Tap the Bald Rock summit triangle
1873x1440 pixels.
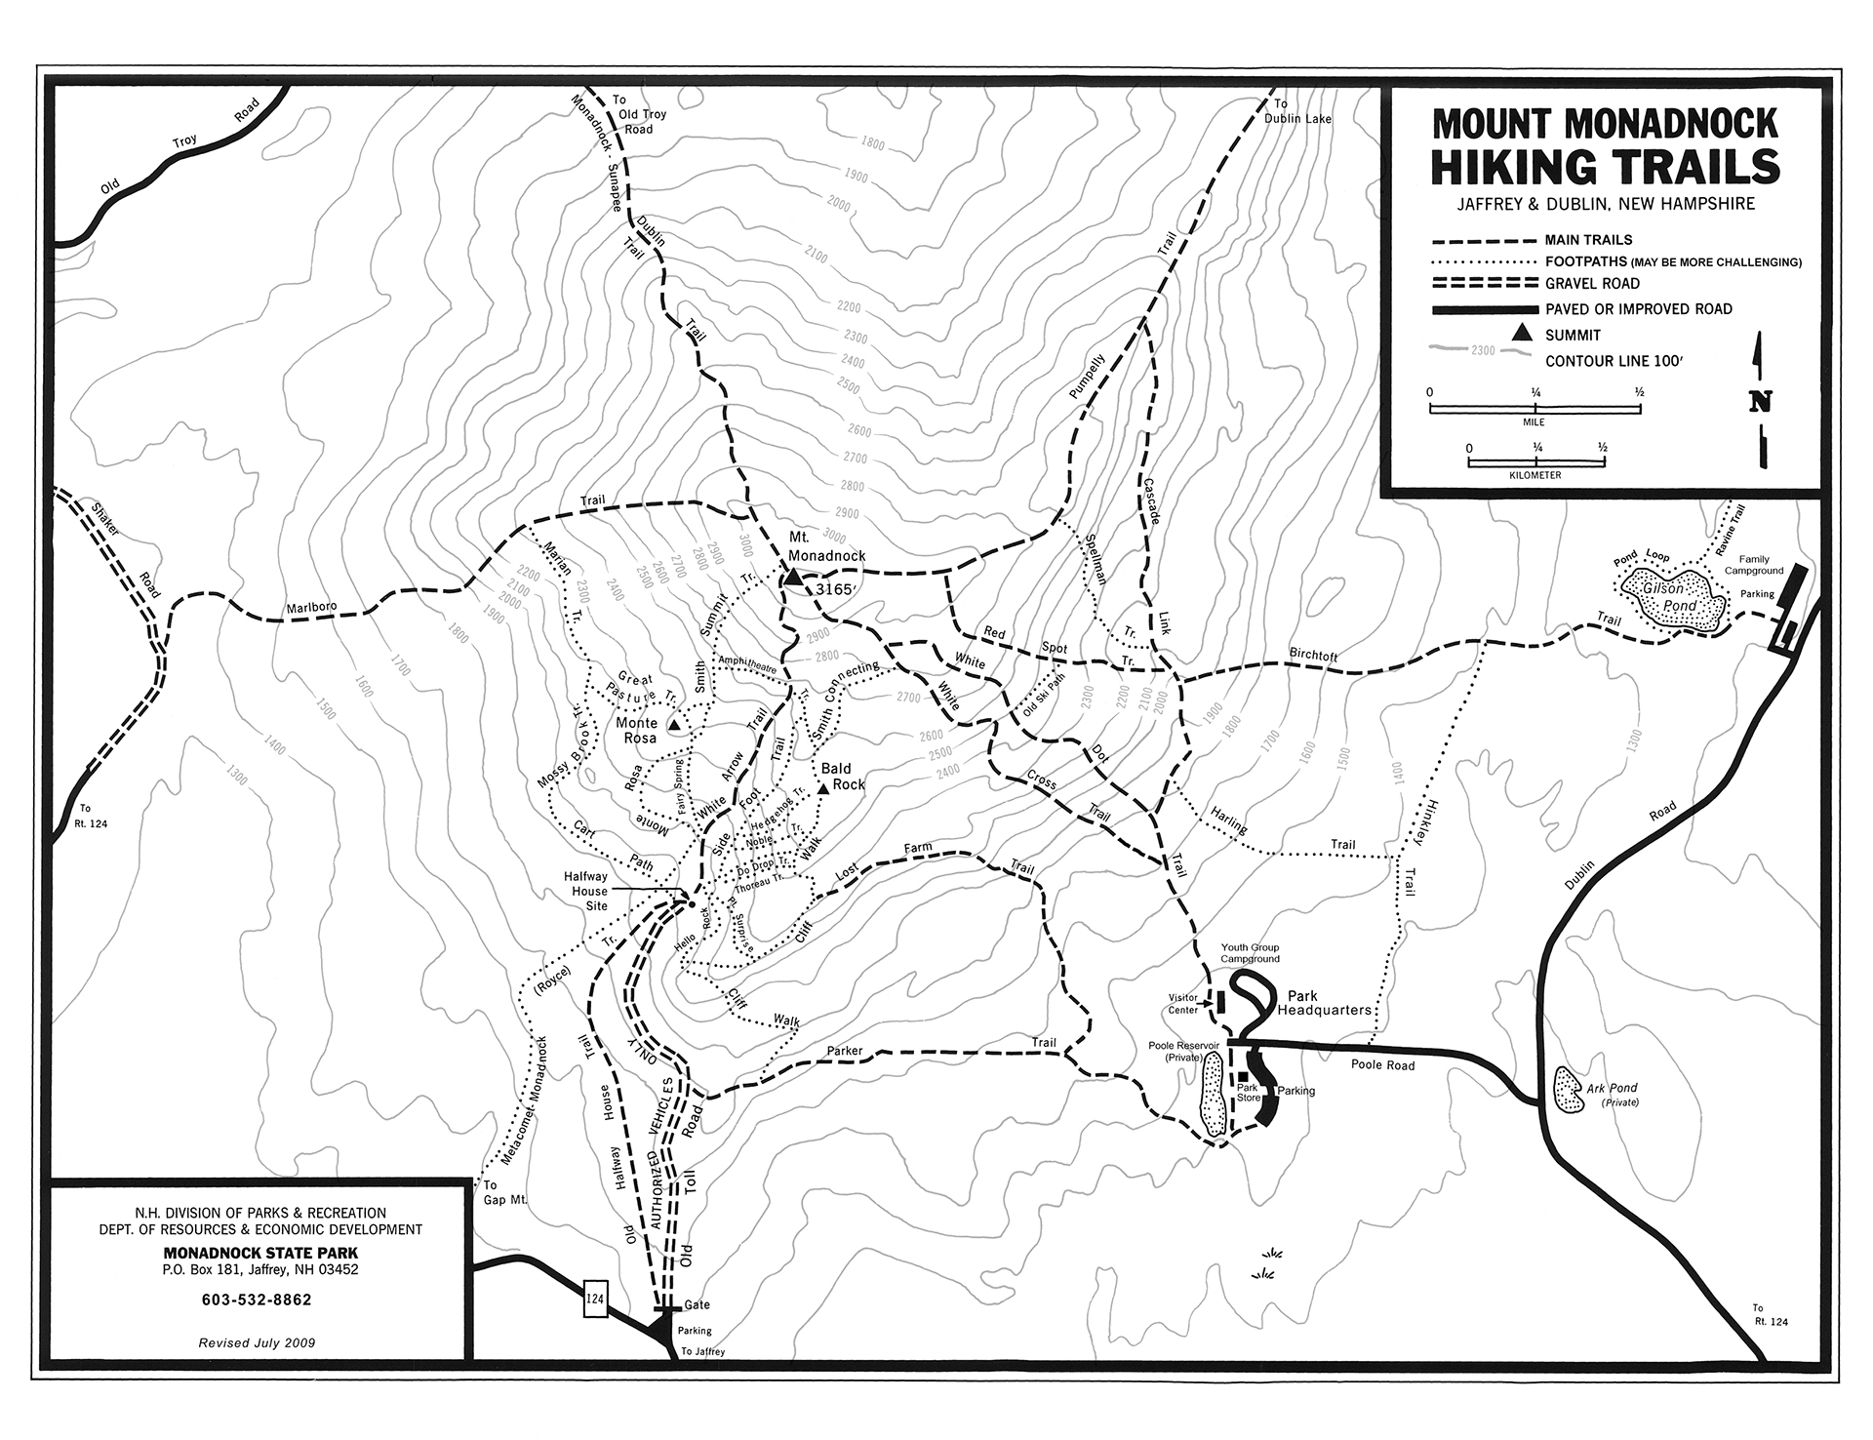tap(823, 787)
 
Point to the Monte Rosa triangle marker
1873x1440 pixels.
tap(673, 726)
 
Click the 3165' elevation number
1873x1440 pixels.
tap(835, 589)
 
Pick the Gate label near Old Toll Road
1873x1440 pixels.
tap(697, 1304)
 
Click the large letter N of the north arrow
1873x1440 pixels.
tap(1761, 402)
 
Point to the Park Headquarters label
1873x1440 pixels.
tap(1329, 1004)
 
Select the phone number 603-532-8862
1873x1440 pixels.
tap(257, 1300)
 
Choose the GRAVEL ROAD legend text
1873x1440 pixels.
tap(1592, 284)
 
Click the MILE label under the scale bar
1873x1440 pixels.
tap(1534, 422)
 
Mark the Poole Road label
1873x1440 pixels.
tap(1382, 1065)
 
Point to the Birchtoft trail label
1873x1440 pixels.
tap(1312, 657)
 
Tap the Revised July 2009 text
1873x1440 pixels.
tap(256, 1342)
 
